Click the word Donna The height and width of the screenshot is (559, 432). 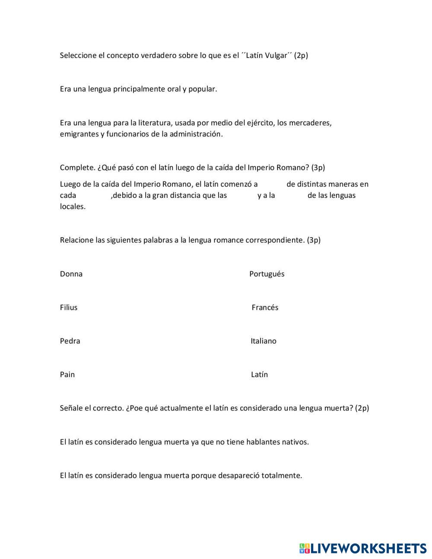pyautogui.click(x=71, y=274)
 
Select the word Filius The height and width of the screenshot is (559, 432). pyautogui.click(x=69, y=308)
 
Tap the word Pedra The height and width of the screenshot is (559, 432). pyautogui.click(x=70, y=341)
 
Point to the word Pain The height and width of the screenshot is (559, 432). pyautogui.click(x=67, y=375)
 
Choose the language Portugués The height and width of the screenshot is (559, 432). pyautogui.click(x=267, y=274)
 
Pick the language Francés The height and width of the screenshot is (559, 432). pyautogui.click(x=265, y=308)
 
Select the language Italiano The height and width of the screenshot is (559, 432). pyautogui.click(x=264, y=341)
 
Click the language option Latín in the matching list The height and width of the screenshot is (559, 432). pyautogui.click(x=259, y=375)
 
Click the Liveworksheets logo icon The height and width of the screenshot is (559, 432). pyautogui.click(x=305, y=549)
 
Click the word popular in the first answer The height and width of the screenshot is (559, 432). pyautogui.click(x=203, y=89)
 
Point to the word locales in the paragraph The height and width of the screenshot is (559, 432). pyautogui.click(x=73, y=206)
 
